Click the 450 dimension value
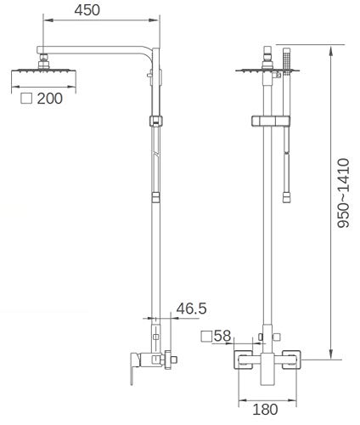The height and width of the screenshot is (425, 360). [86, 11]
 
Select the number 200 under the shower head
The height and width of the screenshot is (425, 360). [50, 99]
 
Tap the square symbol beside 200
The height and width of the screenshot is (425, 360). [26, 99]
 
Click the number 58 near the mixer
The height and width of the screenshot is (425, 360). [222, 337]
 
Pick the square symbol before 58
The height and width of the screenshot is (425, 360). [206, 337]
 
